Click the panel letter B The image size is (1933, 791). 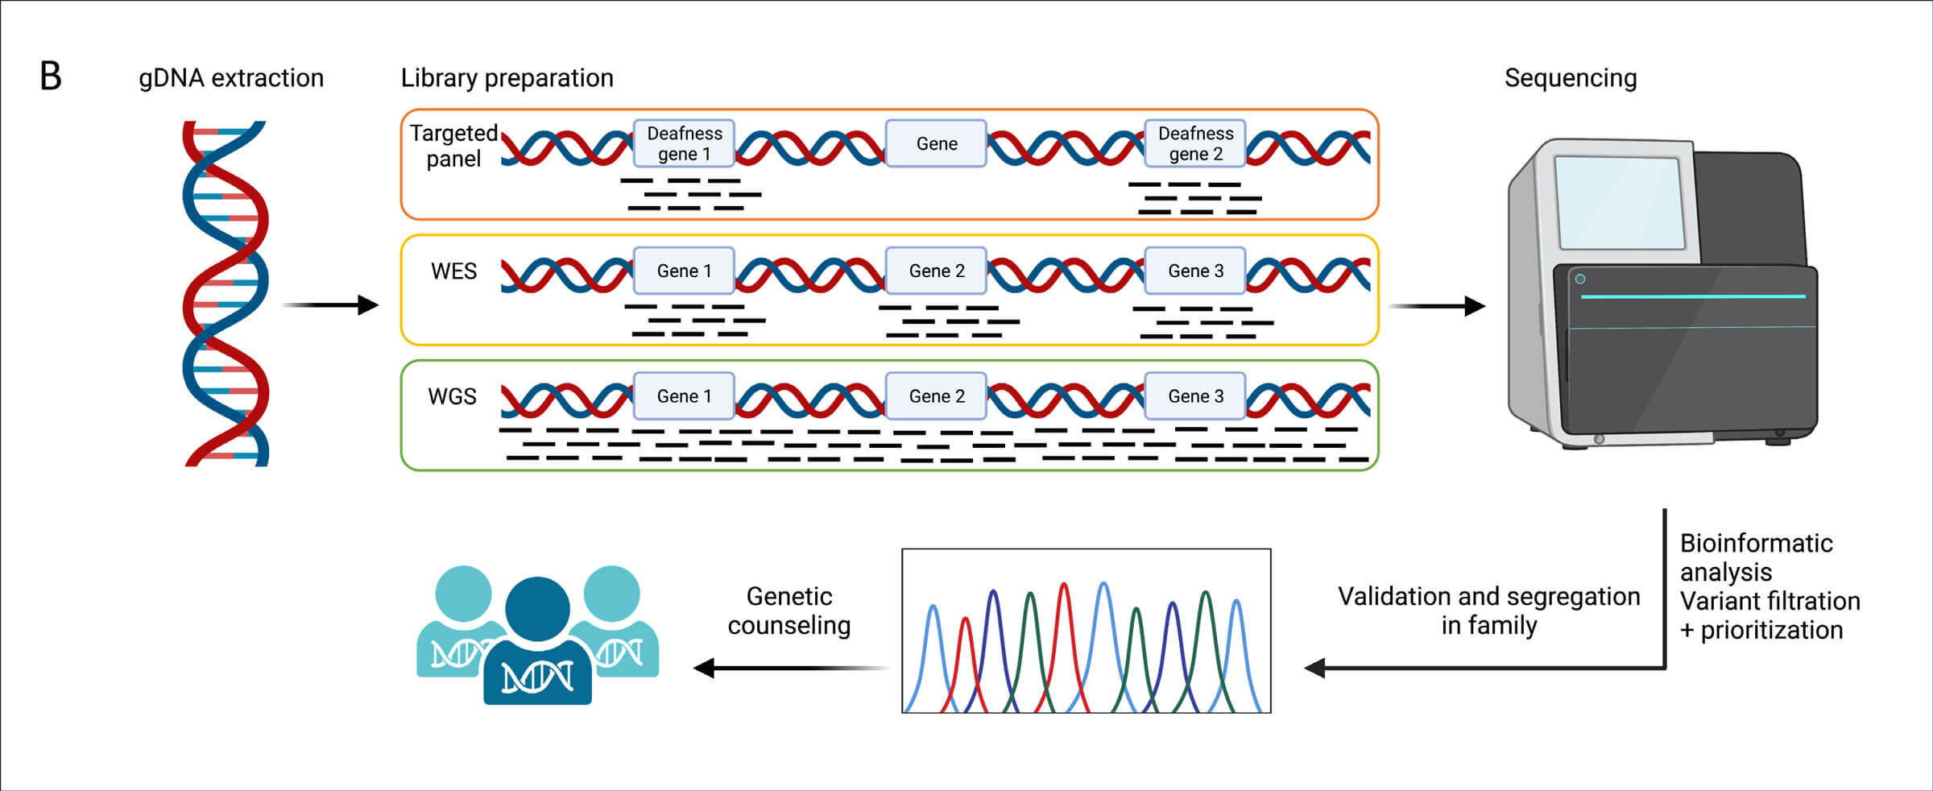(x=51, y=77)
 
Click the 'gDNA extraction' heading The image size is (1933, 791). (x=231, y=78)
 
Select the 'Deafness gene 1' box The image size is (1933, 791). (x=684, y=143)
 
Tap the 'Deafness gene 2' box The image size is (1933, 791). (x=1195, y=143)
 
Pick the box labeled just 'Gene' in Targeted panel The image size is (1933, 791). (x=936, y=143)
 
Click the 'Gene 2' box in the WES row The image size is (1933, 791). (x=936, y=271)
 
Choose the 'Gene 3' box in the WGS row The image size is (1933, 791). (x=1195, y=396)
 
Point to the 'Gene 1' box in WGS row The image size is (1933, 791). (x=684, y=396)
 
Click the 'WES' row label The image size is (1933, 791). (x=453, y=271)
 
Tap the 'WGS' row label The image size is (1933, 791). (x=452, y=397)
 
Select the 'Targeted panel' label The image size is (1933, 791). (x=453, y=146)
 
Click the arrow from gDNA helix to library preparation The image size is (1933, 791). (x=330, y=305)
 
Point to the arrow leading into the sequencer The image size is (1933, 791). (x=1438, y=306)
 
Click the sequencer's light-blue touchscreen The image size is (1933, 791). (x=1619, y=202)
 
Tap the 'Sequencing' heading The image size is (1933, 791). (x=1570, y=78)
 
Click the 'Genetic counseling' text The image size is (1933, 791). (x=789, y=611)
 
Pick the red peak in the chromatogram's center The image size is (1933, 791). (x=1065, y=636)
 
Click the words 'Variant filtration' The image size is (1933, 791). (x=1770, y=601)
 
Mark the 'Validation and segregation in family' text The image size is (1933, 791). (x=1488, y=611)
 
